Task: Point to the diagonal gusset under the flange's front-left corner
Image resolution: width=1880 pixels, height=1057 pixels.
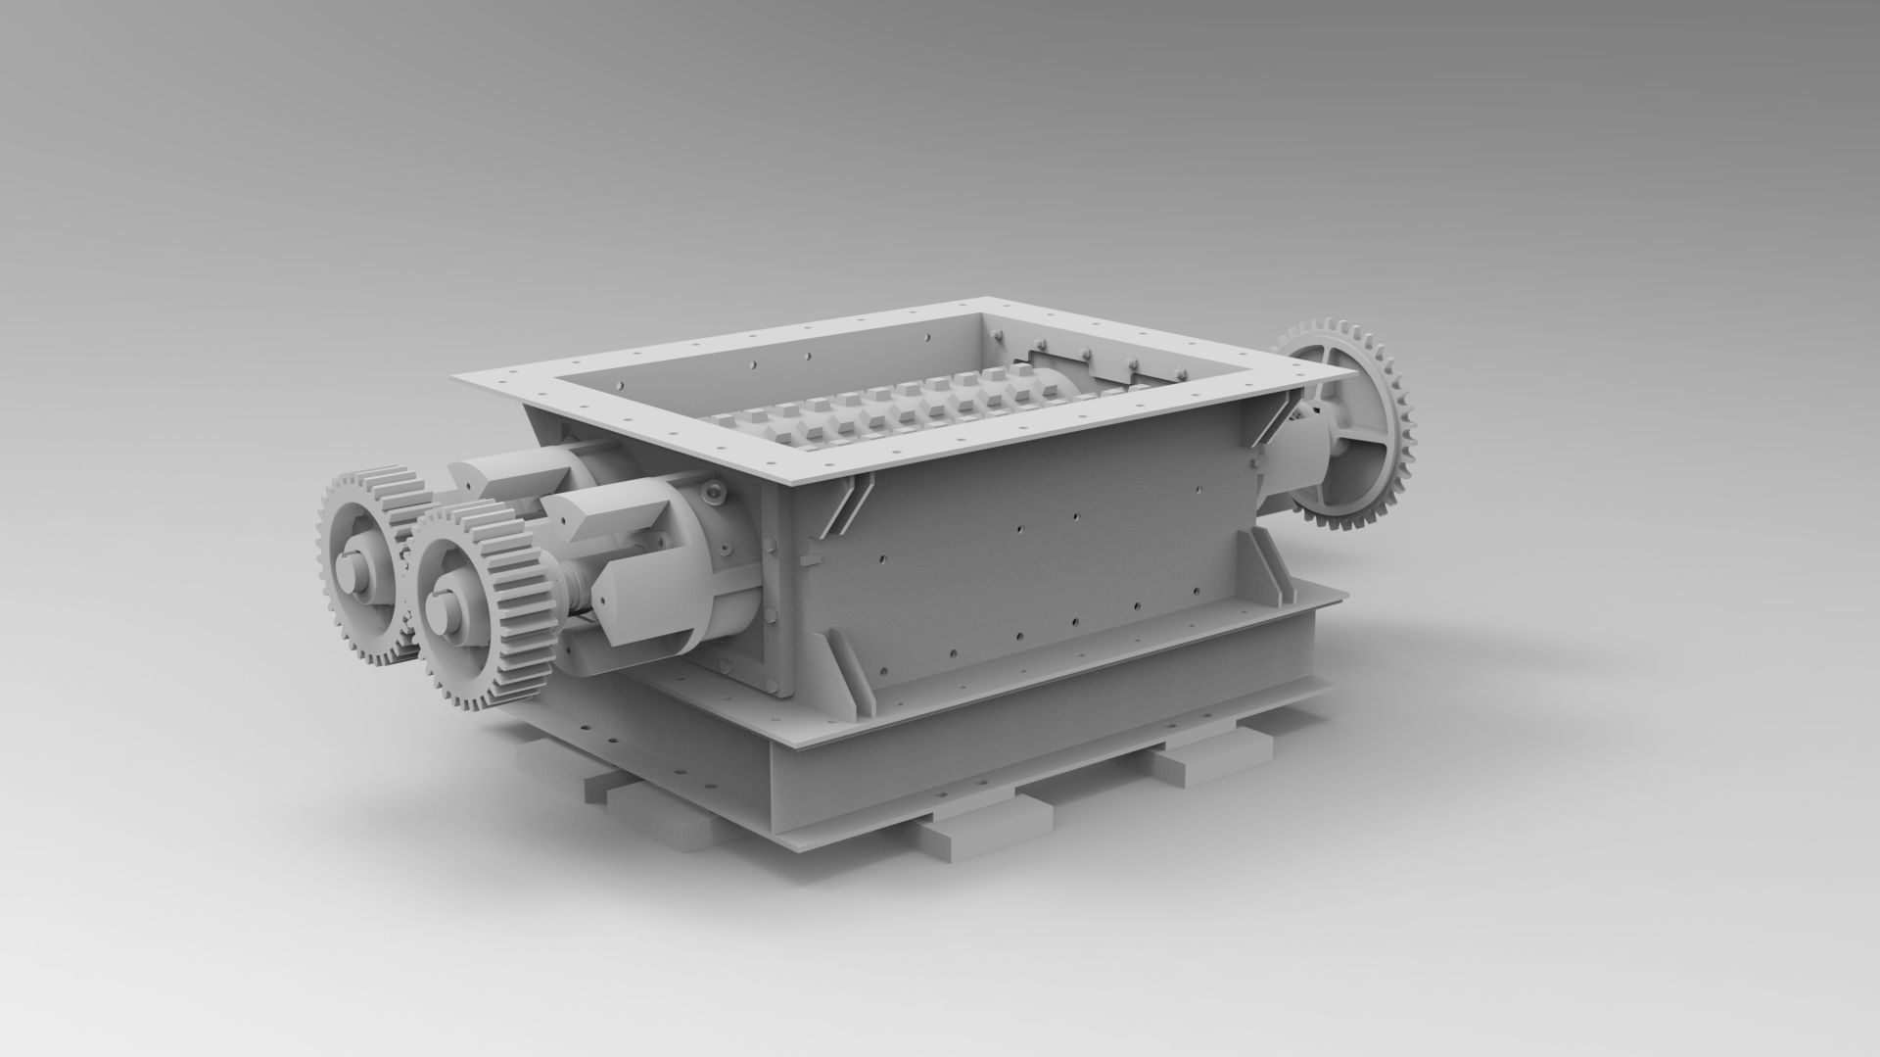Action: point(842,504)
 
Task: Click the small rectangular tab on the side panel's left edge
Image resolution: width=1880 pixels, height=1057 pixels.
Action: point(807,560)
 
